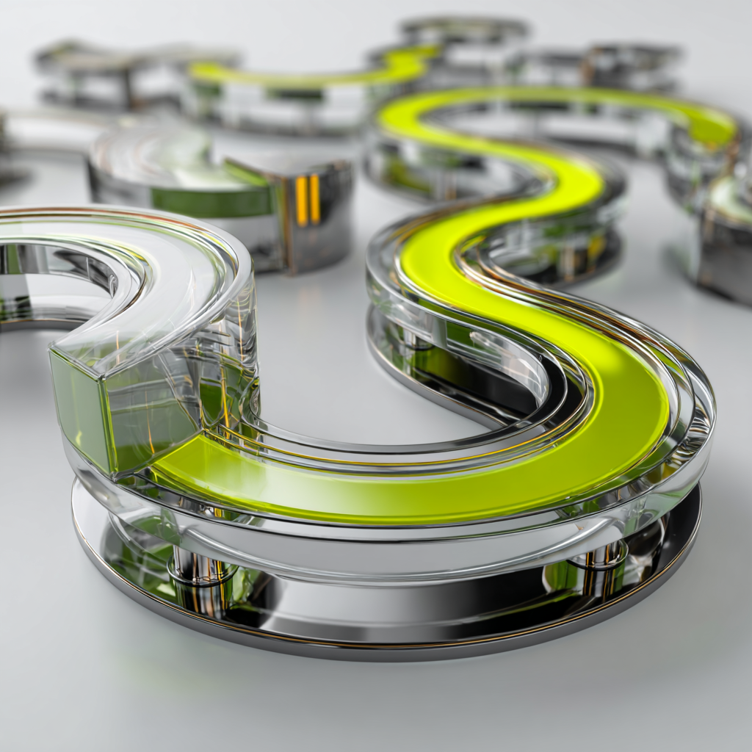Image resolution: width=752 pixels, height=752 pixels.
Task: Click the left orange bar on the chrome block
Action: point(301,200)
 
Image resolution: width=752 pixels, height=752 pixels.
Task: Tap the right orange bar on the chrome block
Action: point(315,198)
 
